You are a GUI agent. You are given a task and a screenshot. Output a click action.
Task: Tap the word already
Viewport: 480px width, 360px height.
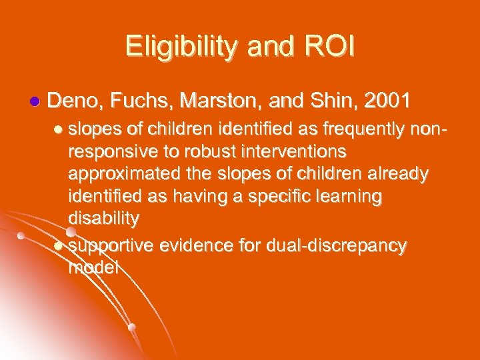400,173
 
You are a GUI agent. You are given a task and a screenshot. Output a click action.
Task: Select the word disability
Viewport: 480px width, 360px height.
103,219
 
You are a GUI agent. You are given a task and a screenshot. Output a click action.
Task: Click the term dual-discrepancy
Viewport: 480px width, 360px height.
337,245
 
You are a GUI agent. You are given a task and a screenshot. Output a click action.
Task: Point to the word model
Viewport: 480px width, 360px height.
93,268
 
